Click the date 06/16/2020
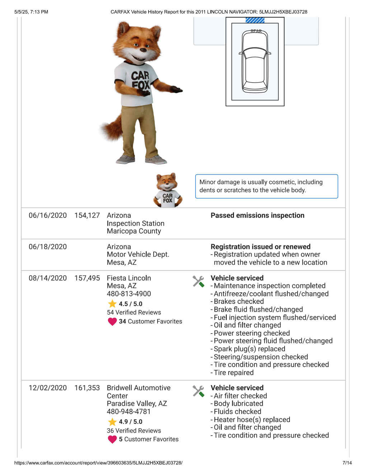tap(48, 215)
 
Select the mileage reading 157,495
tap(87, 278)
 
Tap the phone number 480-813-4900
tap(129, 294)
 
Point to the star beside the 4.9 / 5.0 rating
tap(112, 422)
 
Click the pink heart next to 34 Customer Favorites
tap(112, 322)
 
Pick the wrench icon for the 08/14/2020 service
tap(198, 282)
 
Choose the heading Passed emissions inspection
tap(257, 215)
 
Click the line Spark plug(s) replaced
tap(249, 349)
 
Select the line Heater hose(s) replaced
tap(252, 420)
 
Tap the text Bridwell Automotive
tap(139, 388)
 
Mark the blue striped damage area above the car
tap(255, 20)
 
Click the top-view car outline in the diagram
tap(255, 61)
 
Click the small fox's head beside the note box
tap(167, 181)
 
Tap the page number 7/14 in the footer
tap(347, 463)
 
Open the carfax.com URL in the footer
tap(98, 463)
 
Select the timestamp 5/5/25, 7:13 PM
tap(31, 12)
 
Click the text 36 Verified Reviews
tap(134, 431)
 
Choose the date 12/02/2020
tap(48, 388)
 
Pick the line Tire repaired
tap(234, 373)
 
